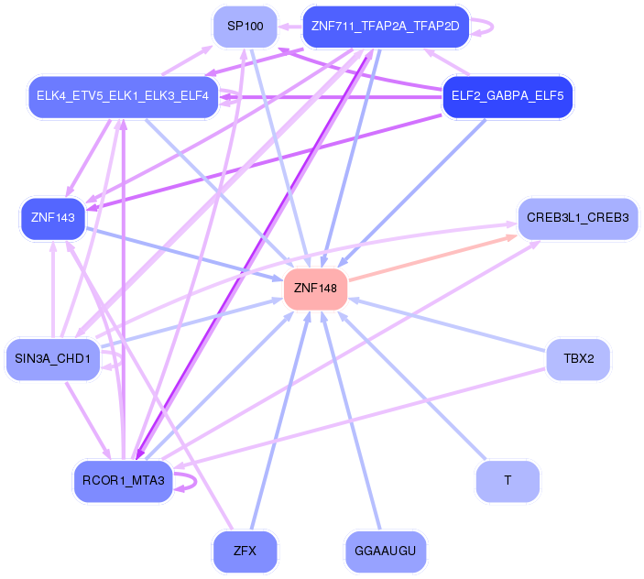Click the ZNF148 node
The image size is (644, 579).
tap(315, 289)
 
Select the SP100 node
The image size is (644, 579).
tap(245, 27)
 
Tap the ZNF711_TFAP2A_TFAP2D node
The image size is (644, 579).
tap(385, 26)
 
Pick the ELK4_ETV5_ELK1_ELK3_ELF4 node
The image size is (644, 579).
tap(122, 96)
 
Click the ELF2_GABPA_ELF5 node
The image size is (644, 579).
tap(508, 96)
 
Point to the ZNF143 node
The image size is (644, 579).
tap(52, 218)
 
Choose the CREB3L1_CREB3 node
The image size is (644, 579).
tap(577, 218)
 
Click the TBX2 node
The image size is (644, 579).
tap(578, 358)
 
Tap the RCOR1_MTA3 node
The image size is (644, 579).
tap(123, 480)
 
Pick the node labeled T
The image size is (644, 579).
tap(508, 480)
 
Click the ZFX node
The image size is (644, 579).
tap(245, 551)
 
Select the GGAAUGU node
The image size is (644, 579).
tap(386, 551)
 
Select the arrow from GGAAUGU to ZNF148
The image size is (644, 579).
tap(355, 421)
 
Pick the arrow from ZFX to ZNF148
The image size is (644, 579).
tap(279, 421)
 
